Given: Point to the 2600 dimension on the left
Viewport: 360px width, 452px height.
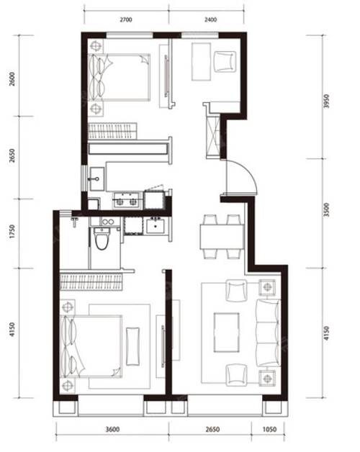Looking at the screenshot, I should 12,79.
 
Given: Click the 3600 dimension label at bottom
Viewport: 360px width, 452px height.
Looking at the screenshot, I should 112,430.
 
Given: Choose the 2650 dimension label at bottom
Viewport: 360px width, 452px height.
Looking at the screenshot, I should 210,430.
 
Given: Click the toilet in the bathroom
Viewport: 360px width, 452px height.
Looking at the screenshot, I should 102,238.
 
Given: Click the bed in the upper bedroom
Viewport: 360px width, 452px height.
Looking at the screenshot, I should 121,78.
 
